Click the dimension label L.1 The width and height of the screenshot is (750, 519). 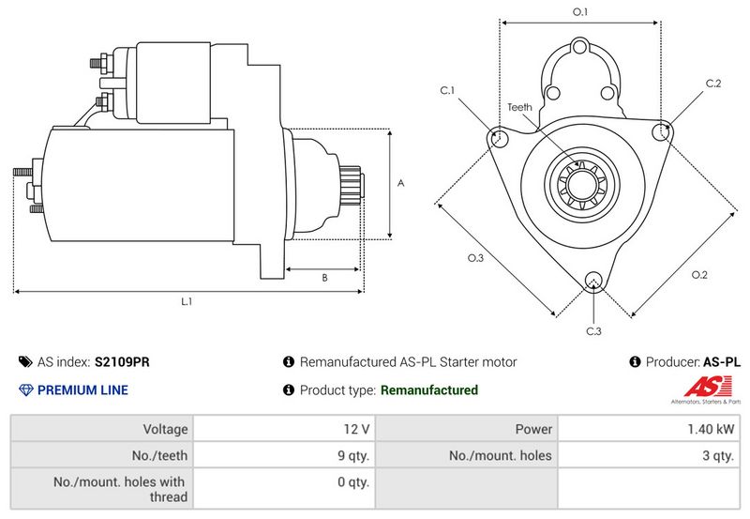(187, 302)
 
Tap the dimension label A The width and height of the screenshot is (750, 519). (400, 184)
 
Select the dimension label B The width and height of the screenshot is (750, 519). (323, 278)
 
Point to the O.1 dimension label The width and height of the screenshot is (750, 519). (580, 11)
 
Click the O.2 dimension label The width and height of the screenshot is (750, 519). (699, 274)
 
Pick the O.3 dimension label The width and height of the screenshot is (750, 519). (475, 259)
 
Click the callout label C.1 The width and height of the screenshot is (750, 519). (447, 91)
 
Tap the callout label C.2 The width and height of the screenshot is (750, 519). (713, 84)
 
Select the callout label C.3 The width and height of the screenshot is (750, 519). (593, 331)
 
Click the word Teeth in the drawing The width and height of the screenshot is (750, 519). (519, 107)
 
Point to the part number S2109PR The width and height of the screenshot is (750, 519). (122, 361)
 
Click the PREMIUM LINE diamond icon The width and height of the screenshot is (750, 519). (24, 390)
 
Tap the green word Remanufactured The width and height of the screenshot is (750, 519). (428, 390)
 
